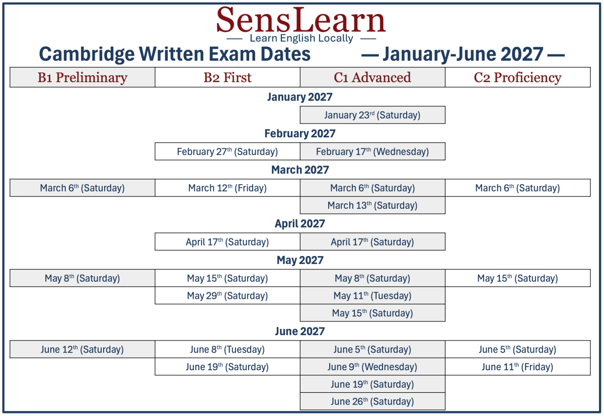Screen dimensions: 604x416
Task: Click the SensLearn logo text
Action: tap(301, 20)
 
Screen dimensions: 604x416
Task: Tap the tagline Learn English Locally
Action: tap(301, 38)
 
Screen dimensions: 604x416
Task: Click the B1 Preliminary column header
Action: tap(82, 77)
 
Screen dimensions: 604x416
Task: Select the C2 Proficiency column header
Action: tap(518, 77)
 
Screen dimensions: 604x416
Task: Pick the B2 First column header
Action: tap(228, 77)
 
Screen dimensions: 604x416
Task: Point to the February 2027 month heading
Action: tap(300, 133)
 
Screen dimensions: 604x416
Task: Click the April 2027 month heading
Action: tap(300, 224)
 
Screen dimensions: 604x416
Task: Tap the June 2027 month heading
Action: tap(300, 331)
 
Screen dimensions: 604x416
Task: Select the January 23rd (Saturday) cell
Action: tap(372, 115)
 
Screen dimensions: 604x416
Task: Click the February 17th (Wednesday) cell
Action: tap(372, 151)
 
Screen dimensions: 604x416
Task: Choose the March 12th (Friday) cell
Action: tap(228, 188)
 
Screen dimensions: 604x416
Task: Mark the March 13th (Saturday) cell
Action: tap(372, 205)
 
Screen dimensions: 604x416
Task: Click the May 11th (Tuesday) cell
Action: tap(372, 296)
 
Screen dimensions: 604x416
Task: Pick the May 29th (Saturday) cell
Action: tap(228, 296)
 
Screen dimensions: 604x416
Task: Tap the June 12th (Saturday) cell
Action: tap(82, 350)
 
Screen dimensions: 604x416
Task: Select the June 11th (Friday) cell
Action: tap(518, 367)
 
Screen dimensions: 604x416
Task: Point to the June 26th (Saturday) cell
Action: tap(372, 401)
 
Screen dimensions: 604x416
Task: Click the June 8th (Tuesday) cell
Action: tap(228, 350)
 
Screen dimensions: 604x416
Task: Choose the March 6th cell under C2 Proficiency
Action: tap(518, 188)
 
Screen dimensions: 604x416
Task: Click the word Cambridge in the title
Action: tap(87, 54)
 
